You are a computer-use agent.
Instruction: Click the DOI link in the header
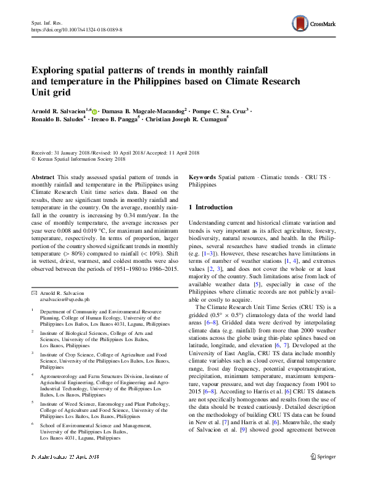click(76, 28)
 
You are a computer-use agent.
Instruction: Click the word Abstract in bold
click(43, 177)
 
